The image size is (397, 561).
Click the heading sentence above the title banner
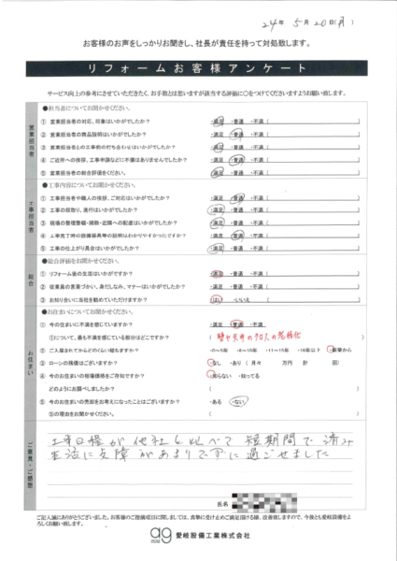197,45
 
